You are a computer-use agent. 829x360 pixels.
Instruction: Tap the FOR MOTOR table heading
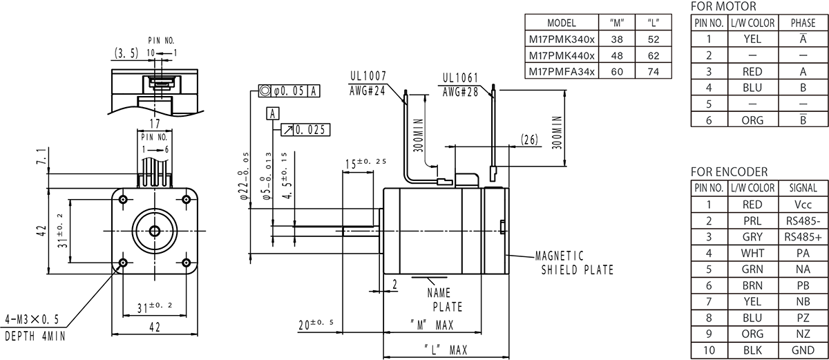(723, 6)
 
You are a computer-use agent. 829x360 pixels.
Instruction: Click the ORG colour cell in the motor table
(752, 120)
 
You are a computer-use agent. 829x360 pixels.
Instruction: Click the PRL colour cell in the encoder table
(752, 221)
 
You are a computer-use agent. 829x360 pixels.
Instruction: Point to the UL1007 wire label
(367, 76)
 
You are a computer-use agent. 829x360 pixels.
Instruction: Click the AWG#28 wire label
(459, 91)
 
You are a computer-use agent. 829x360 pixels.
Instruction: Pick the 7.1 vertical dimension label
(44, 158)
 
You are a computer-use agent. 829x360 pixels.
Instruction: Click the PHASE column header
(803, 23)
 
